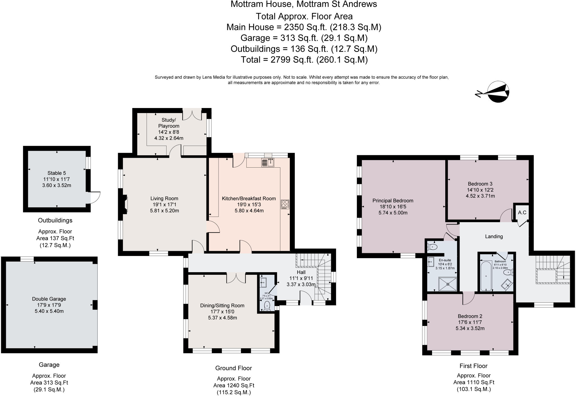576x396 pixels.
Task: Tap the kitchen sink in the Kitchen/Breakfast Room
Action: tap(268, 163)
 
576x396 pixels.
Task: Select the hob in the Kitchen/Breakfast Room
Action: tap(285, 204)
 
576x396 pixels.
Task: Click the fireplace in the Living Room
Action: tap(125, 204)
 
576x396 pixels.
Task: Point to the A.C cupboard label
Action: tap(522, 212)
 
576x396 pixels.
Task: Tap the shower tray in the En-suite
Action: tap(447, 284)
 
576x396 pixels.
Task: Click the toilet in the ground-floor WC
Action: tap(267, 305)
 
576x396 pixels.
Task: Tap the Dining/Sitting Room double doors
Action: tap(236, 278)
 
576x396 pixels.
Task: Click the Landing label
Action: tap(494, 237)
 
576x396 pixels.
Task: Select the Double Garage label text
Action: tap(49, 299)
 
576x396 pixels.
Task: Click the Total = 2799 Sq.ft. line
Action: tap(304, 60)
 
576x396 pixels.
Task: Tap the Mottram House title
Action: tap(304, 4)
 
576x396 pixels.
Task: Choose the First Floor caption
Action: tap(473, 366)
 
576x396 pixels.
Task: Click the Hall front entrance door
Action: tap(306, 298)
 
